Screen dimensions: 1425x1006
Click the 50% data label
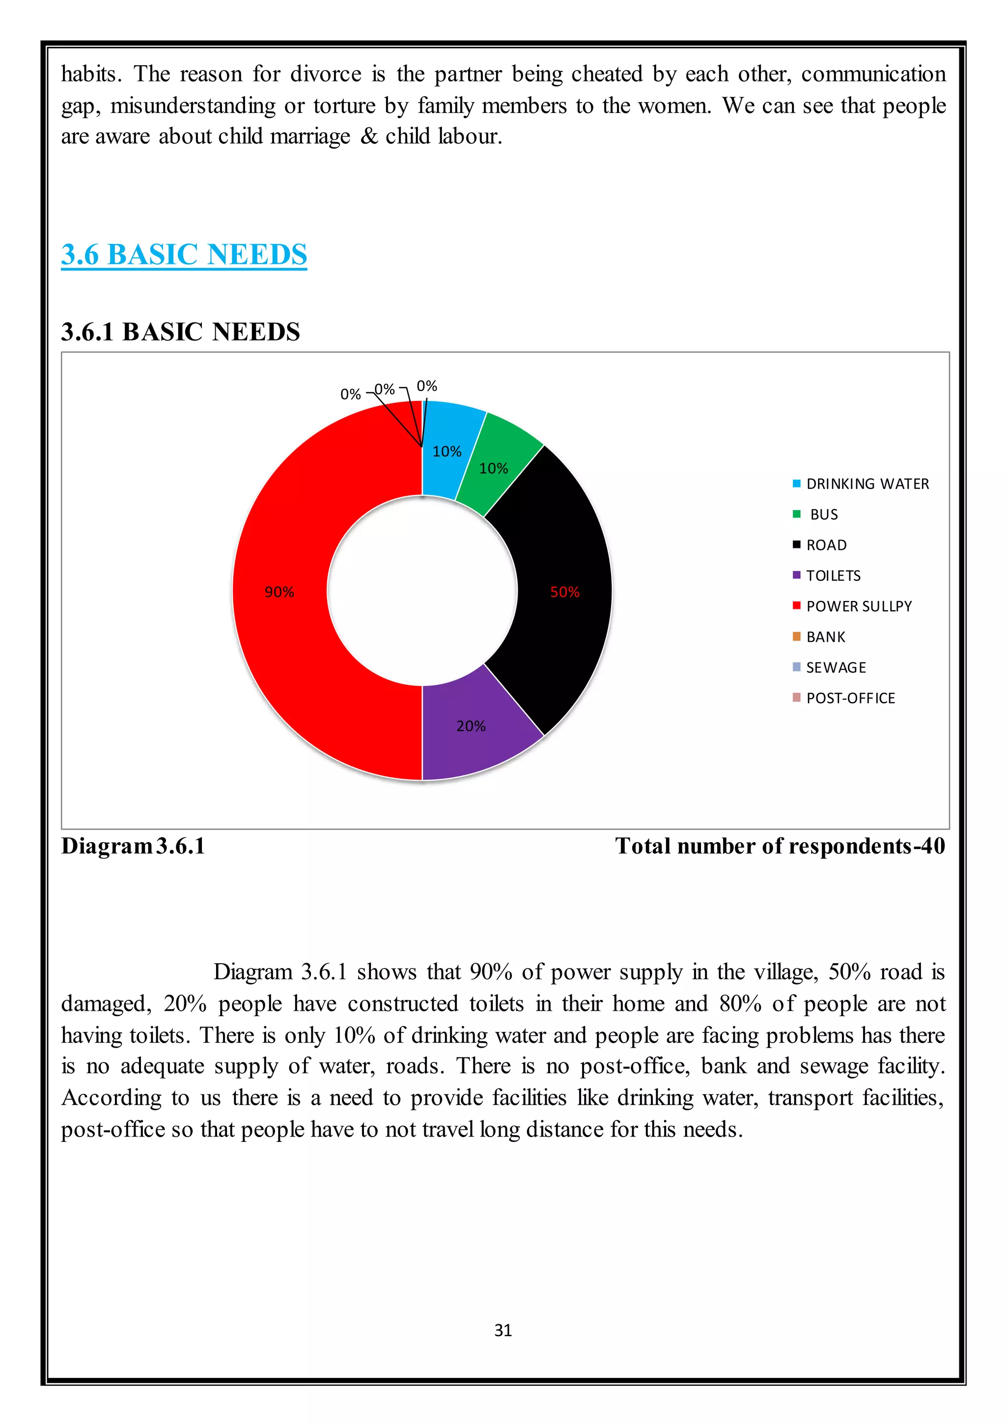pyautogui.click(x=565, y=592)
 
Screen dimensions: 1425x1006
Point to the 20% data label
pyautogui.click(x=471, y=726)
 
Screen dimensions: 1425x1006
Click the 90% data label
pyautogui.click(x=279, y=592)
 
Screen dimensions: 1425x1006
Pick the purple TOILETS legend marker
pyautogui.click(x=797, y=575)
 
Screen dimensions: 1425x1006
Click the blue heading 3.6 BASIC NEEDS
pyautogui.click(x=184, y=255)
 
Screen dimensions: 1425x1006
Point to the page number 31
pyautogui.click(x=503, y=1330)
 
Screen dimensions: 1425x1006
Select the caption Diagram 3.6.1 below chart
pyautogui.click(x=133, y=846)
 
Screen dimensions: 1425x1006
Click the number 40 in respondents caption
pyautogui.click(x=933, y=846)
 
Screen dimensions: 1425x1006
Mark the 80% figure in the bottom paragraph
pyautogui.click(x=740, y=1003)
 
